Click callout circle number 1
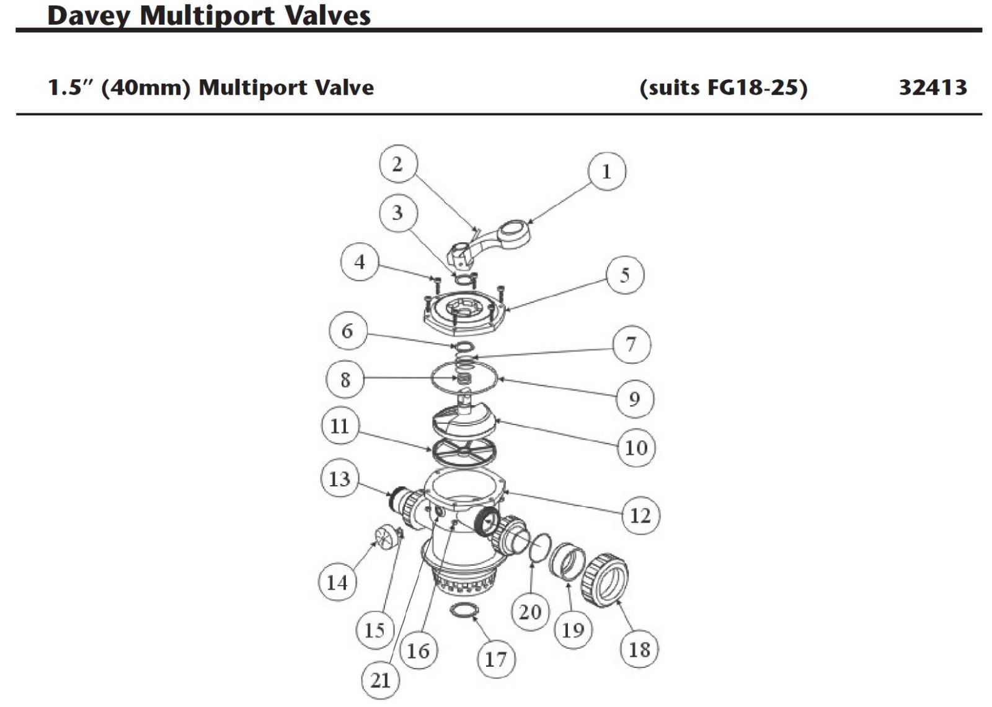tap(606, 172)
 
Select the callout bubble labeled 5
tap(624, 274)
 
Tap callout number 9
tap(634, 398)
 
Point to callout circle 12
tap(640, 515)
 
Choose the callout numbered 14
tap(337, 582)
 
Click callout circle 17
tap(496, 659)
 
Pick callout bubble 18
tap(639, 649)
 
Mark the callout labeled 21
tap(380, 680)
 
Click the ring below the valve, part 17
tap(464, 610)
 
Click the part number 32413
tap(932, 87)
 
